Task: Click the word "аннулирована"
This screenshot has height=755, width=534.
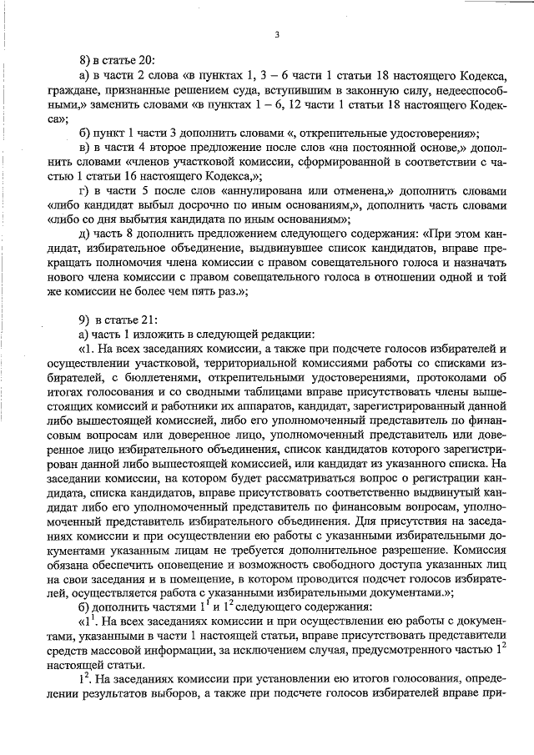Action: [x=270, y=191]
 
